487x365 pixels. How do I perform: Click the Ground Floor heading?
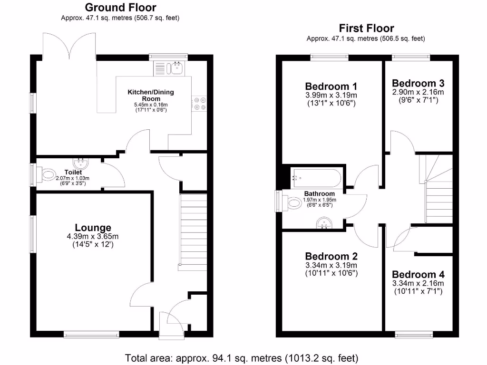click(120, 8)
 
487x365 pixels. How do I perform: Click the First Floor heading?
click(366, 28)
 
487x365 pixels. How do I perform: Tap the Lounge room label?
click(93, 228)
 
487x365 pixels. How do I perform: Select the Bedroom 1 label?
click(331, 86)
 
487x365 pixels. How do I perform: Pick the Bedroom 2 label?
click(331, 256)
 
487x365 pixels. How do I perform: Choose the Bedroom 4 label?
click(418, 274)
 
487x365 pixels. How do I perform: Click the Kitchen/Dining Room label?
click(151, 95)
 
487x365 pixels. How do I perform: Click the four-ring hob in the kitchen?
click(200, 104)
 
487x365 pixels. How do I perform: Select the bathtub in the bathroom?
click(316, 178)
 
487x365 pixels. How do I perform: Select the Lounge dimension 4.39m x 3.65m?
click(93, 237)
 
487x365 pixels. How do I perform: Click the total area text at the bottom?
click(241, 357)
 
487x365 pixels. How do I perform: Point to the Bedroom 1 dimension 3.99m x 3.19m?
click(331, 95)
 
